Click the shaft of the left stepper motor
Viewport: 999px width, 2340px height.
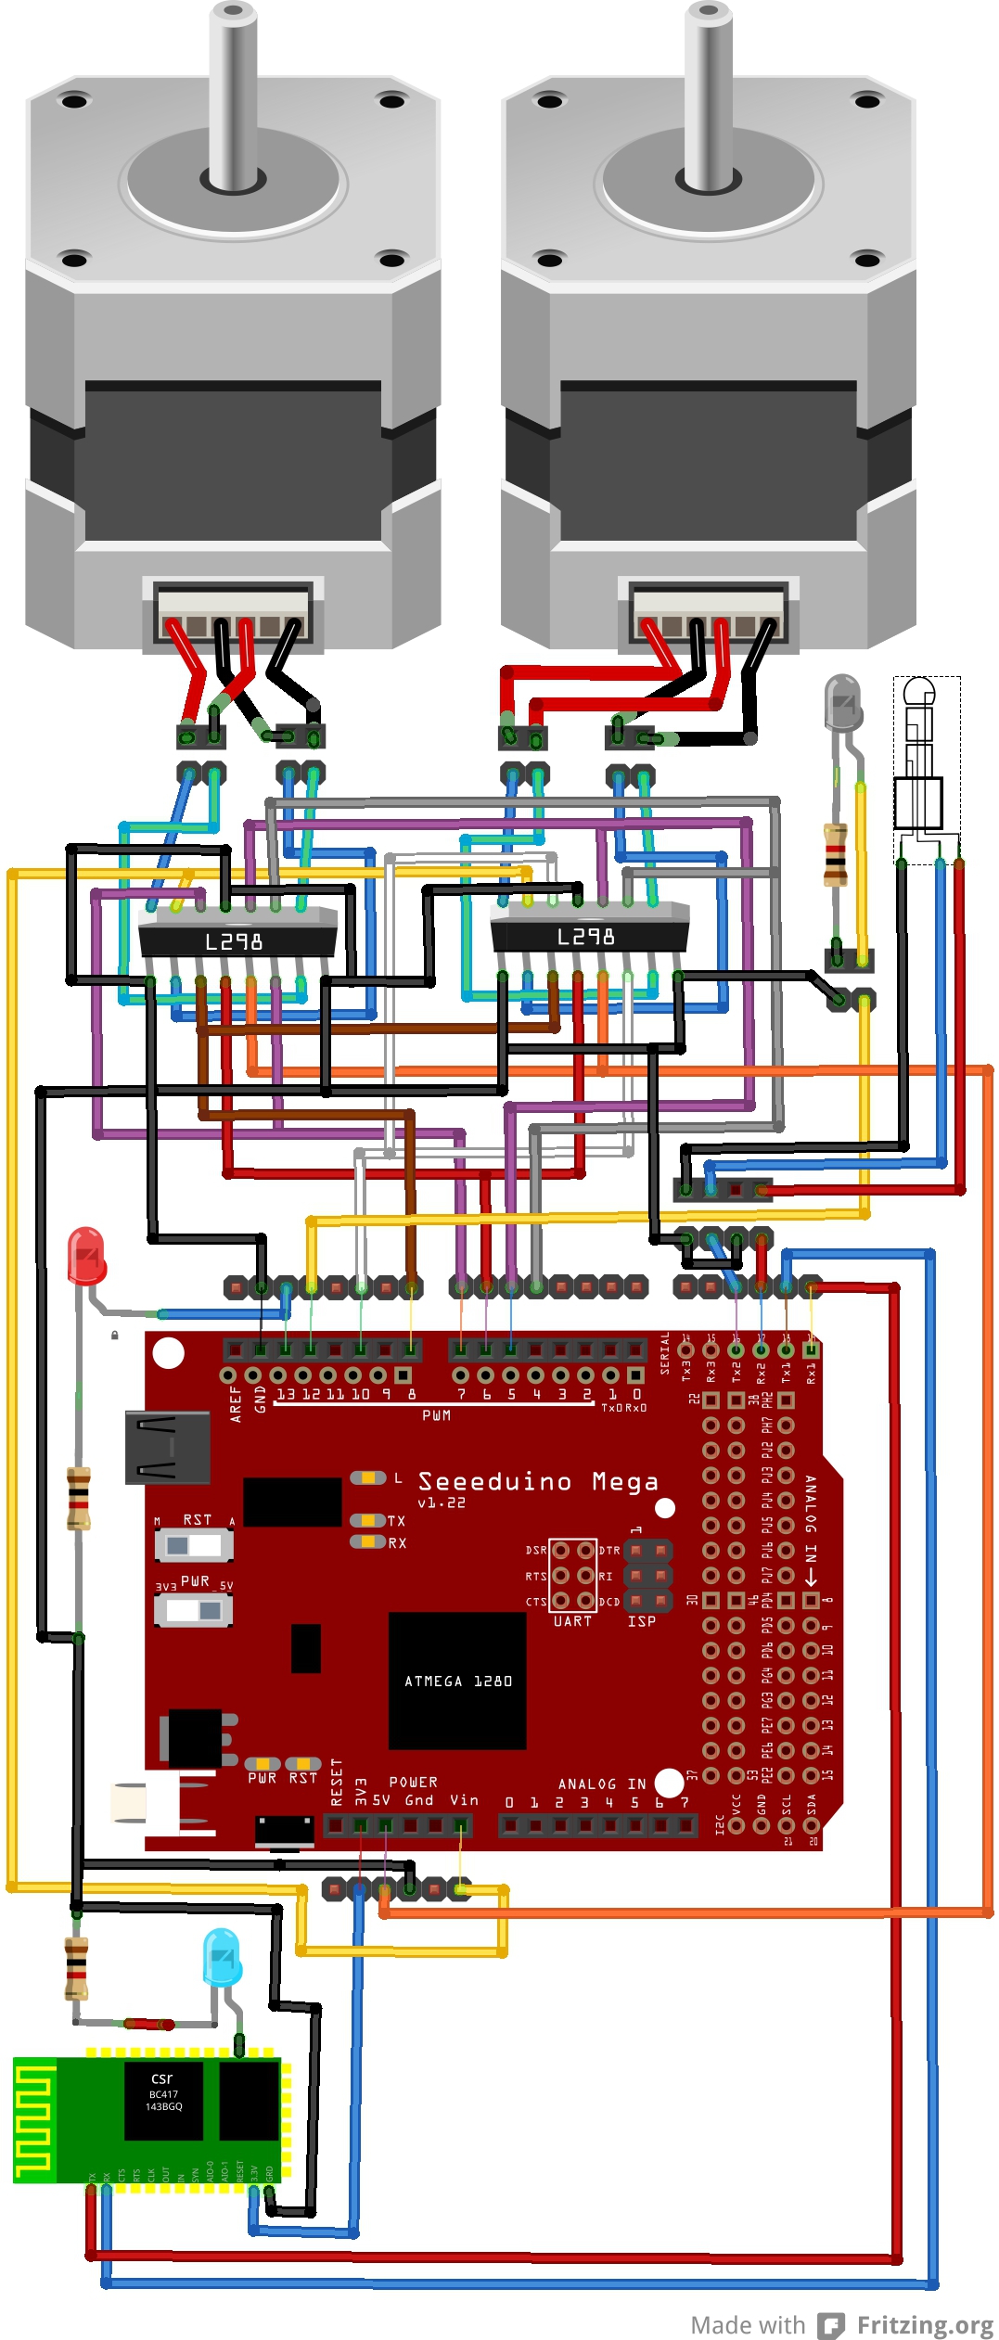(x=233, y=93)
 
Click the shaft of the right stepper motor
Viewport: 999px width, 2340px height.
(x=709, y=93)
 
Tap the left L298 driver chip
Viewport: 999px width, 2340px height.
(x=236, y=940)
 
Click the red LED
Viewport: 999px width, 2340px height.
(x=86, y=1256)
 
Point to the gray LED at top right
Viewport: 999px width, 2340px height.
(x=842, y=700)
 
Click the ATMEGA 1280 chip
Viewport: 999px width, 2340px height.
(x=457, y=1681)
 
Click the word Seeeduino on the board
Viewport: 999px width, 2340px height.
(x=494, y=1481)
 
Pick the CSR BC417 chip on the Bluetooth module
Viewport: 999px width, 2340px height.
(x=163, y=2100)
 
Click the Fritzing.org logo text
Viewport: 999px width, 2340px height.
(x=924, y=2324)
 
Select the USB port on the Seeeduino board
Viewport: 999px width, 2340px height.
(x=167, y=1448)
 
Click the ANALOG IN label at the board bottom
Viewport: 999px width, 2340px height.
(x=601, y=1784)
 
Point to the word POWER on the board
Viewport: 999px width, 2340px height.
(x=413, y=1782)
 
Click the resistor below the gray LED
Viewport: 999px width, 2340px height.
(x=836, y=853)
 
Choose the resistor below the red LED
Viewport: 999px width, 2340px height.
(x=79, y=1498)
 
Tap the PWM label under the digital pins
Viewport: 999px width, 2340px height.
(x=436, y=1415)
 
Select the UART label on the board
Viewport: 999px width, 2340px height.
(x=572, y=1621)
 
